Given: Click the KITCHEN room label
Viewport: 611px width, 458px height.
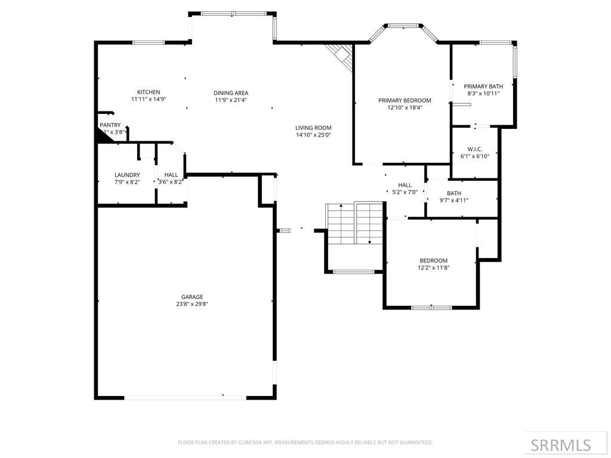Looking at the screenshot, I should [x=149, y=92].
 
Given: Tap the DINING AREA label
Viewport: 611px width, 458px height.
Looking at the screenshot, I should [x=231, y=92].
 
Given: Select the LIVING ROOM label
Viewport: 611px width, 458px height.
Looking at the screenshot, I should [x=313, y=128].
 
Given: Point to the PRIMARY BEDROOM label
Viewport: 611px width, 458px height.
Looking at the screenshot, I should [x=405, y=100].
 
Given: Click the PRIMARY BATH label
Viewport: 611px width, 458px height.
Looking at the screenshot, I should [x=483, y=86].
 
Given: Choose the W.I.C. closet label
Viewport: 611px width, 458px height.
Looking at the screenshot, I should [x=475, y=148].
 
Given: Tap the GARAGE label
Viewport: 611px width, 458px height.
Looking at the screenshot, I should [x=192, y=296].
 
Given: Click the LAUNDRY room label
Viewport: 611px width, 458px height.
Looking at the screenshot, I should [x=127, y=175].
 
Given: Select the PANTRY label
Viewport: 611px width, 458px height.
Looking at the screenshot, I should [x=110, y=125].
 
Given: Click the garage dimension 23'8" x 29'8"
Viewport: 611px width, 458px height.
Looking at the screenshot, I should [x=192, y=304].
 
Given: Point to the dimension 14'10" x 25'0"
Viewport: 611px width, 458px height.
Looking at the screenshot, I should [x=313, y=135].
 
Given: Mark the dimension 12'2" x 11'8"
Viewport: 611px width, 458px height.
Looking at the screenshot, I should [x=433, y=268].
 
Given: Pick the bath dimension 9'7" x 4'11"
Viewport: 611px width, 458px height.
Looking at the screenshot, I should [x=454, y=200].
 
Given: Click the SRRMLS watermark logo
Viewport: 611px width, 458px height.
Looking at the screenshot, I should [x=561, y=445].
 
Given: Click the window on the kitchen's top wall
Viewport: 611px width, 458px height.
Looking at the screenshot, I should [x=149, y=42].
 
